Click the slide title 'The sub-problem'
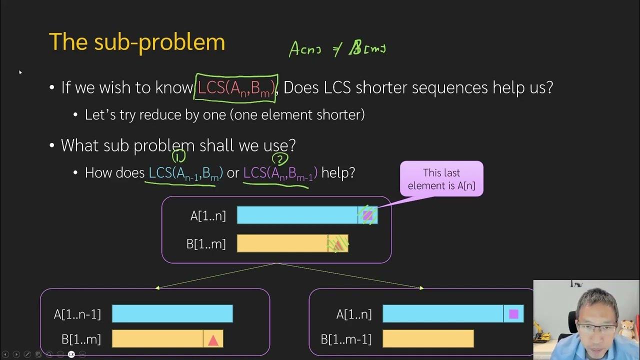click(x=136, y=42)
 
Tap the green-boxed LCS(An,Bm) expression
click(x=236, y=87)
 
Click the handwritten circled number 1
click(x=178, y=156)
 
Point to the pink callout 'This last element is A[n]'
click(x=441, y=179)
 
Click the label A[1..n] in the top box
click(x=208, y=216)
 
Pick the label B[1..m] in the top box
click(x=206, y=244)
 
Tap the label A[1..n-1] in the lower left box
click(x=77, y=314)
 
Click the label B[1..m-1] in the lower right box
click(x=346, y=339)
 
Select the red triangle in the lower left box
click(x=213, y=340)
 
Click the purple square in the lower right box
click(x=513, y=314)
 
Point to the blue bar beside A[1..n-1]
click(x=172, y=314)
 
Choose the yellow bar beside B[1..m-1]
click(x=428, y=339)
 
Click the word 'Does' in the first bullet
click(x=301, y=87)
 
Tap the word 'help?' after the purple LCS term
click(x=338, y=173)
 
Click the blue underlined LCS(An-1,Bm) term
click(x=185, y=173)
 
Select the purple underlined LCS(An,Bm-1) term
click(x=280, y=173)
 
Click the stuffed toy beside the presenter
click(x=627, y=330)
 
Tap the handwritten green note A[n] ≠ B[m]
click(x=337, y=49)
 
